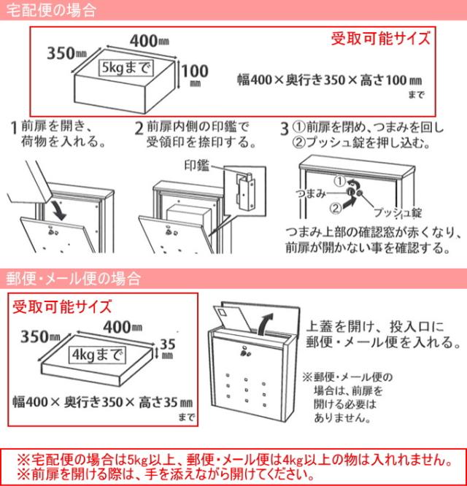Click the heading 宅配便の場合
(51, 10)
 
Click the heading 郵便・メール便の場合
(74, 278)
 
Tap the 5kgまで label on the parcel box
(126, 68)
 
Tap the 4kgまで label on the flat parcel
(97, 355)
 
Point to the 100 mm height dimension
(195, 74)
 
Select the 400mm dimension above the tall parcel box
(150, 41)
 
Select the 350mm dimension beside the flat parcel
(40, 336)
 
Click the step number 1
(14, 128)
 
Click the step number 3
(284, 128)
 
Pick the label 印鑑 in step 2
(197, 165)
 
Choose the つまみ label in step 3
(311, 193)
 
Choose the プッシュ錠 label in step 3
(398, 212)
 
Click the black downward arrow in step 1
(60, 211)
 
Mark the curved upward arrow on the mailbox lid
(266, 324)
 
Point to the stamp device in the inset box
(245, 190)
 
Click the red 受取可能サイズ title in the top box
(381, 39)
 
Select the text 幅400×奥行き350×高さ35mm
(103, 403)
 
